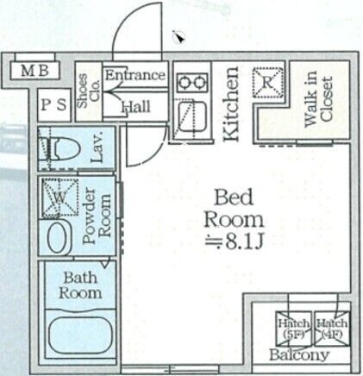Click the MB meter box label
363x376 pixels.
pos(34,71)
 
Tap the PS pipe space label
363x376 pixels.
pos(53,105)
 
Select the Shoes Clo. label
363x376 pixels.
pos(89,91)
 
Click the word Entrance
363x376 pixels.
pos(135,75)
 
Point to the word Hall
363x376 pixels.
pos(136,107)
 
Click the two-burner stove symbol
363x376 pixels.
pos(192,83)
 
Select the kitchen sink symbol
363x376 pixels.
pos(191,116)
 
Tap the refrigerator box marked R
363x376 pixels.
pos(267,83)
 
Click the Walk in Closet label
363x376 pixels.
pos(318,98)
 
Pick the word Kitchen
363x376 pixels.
pos(231,103)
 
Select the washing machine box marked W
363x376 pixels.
pos(60,197)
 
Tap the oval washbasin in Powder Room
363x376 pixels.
pos(58,237)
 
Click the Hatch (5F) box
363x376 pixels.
pos(293,329)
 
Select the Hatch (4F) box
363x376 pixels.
pos(332,329)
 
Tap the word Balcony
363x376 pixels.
pos(299,355)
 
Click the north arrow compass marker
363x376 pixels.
pos(178,37)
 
